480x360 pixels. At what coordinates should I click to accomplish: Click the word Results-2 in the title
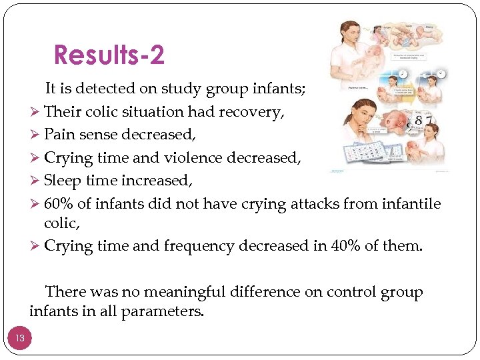click(109, 55)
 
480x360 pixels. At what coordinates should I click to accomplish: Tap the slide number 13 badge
click(20, 338)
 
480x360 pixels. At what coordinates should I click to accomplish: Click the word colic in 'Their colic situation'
click(100, 112)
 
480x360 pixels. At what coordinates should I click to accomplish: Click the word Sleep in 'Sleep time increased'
click(62, 181)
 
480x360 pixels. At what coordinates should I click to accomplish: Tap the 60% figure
click(59, 203)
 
